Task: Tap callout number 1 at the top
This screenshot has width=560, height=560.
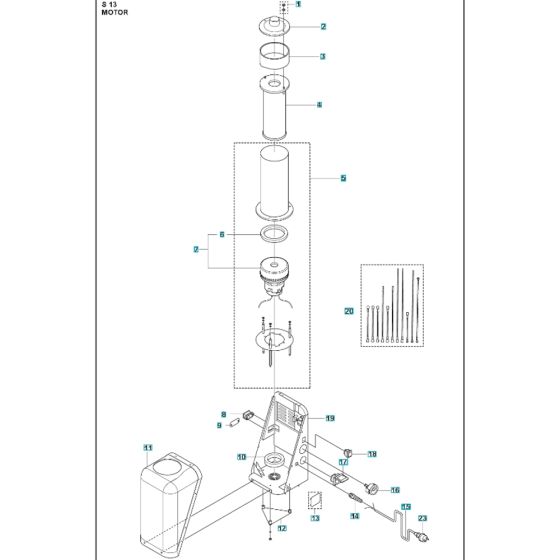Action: (297, 6)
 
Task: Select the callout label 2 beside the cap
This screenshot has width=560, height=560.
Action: (296, 26)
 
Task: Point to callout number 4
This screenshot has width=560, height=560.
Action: (319, 104)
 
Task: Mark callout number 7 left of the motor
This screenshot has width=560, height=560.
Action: (197, 249)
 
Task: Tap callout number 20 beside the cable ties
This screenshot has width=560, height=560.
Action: (348, 311)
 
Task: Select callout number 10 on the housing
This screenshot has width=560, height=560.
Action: (241, 457)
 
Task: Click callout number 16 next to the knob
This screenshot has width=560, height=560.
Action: (394, 490)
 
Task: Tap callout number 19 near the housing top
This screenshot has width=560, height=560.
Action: (329, 418)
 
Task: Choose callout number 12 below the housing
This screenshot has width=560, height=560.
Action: (281, 527)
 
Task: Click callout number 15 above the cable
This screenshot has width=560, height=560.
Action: (405, 507)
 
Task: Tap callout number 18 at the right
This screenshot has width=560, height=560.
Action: (372, 454)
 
